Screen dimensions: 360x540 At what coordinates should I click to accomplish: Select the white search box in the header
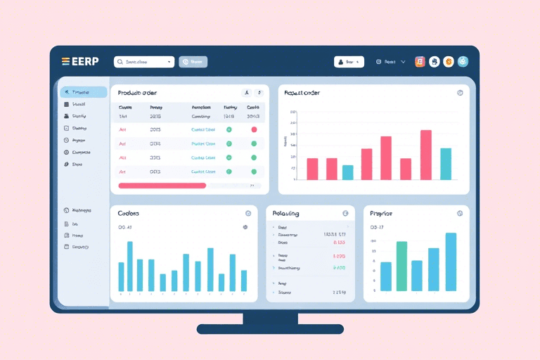click(x=143, y=62)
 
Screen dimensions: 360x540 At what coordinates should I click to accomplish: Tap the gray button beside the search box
click(x=193, y=62)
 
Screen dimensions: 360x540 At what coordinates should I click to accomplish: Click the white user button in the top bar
click(x=349, y=62)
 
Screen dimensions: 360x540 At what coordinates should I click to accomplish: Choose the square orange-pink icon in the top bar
click(x=420, y=62)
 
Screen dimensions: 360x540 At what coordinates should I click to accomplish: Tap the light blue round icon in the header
click(x=463, y=62)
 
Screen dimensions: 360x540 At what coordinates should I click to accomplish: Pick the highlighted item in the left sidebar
click(x=84, y=92)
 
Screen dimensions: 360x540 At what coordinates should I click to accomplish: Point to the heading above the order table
click(x=137, y=93)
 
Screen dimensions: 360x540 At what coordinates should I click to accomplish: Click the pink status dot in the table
click(x=254, y=129)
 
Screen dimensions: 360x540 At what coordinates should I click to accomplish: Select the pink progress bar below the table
click(x=162, y=186)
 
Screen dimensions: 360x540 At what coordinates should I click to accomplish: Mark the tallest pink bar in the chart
click(x=425, y=155)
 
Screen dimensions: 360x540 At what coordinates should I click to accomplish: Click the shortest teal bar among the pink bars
click(x=347, y=172)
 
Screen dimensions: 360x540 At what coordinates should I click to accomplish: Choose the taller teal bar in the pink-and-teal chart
click(x=445, y=164)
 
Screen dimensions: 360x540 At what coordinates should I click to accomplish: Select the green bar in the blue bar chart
click(x=401, y=266)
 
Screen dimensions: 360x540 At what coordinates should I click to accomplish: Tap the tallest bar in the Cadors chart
click(x=130, y=266)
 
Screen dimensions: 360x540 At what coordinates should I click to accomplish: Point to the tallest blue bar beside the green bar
click(x=451, y=262)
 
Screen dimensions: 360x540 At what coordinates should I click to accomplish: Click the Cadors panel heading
click(x=129, y=213)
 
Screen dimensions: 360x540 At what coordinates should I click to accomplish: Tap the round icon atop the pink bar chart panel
click(x=460, y=93)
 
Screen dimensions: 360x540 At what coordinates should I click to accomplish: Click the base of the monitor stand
click(x=270, y=328)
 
